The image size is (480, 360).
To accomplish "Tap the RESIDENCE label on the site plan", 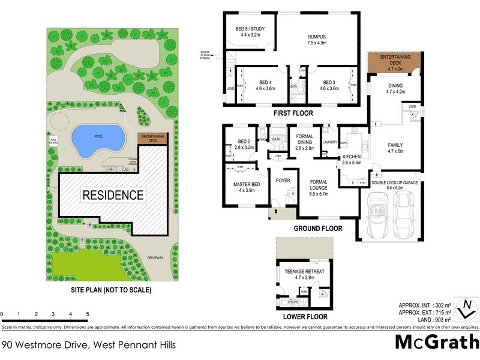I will click(x=113, y=195).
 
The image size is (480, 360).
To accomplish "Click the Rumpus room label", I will click(x=316, y=38).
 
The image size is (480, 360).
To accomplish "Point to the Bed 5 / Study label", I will click(x=249, y=32).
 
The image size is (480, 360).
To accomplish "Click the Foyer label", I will click(x=283, y=180).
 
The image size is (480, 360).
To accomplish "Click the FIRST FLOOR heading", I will click(x=293, y=113).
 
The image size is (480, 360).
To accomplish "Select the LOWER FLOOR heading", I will click(x=305, y=316).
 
